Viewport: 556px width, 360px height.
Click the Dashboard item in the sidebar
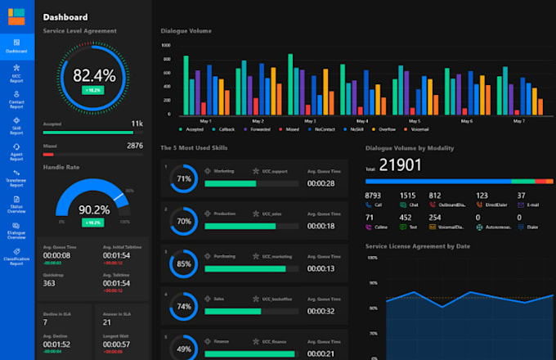coord(16,46)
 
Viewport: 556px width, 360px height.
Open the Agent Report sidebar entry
coord(16,155)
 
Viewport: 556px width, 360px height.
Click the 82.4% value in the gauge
coord(94,75)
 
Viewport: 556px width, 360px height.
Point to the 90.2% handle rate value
coord(93,209)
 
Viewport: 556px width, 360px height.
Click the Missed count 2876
coord(134,146)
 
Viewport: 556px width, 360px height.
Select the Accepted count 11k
coord(137,124)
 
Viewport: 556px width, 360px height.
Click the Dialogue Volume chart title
coord(186,31)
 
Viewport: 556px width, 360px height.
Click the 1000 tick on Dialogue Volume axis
coord(166,46)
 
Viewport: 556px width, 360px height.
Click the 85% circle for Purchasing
coord(184,264)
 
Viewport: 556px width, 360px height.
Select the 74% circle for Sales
coord(184,307)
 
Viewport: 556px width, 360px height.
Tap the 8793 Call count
coord(374,196)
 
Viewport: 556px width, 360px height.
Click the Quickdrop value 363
coord(49,283)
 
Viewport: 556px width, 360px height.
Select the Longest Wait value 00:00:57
coord(116,344)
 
